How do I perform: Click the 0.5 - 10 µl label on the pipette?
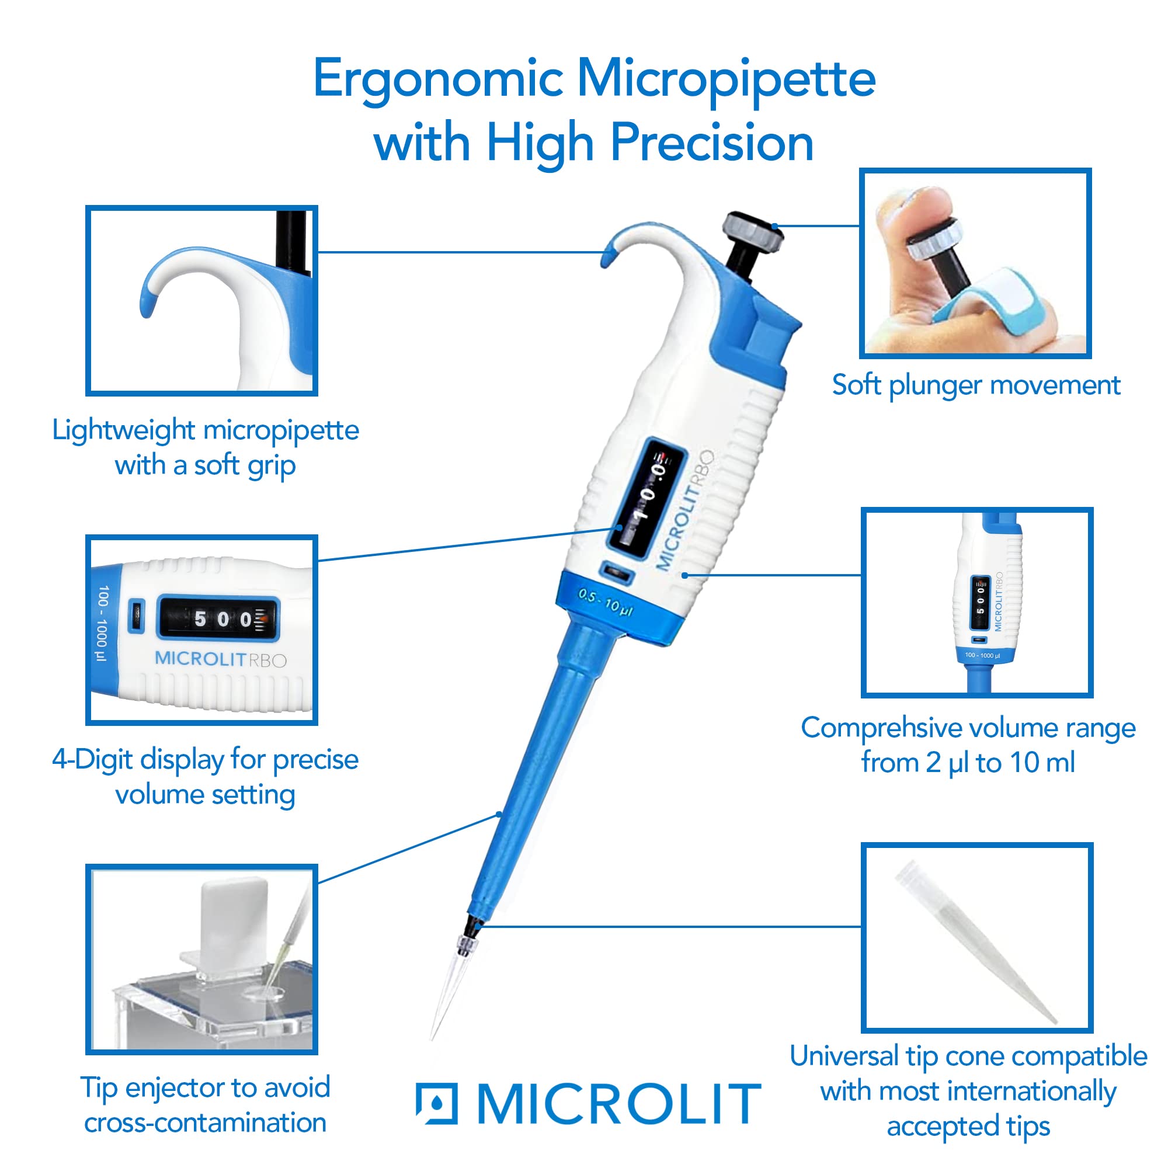click(x=605, y=602)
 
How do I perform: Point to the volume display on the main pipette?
click(x=648, y=496)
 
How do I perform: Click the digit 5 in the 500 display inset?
click(x=200, y=619)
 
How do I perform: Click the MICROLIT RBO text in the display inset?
click(x=220, y=659)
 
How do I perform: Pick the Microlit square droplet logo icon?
click(x=436, y=1104)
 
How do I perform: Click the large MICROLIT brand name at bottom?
click(x=619, y=1104)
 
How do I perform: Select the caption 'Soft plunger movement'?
click(x=976, y=385)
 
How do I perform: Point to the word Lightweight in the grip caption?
click(x=123, y=430)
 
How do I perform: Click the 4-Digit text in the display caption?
click(x=92, y=760)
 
